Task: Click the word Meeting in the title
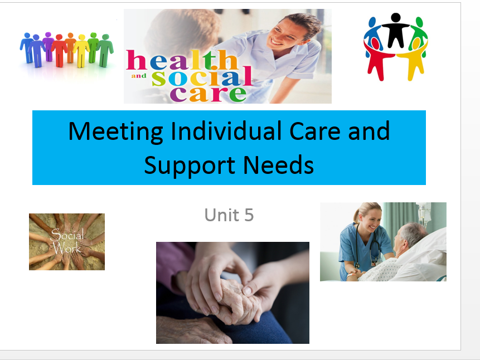pyautogui.click(x=116, y=132)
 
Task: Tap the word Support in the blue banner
pyautogui.click(x=190, y=166)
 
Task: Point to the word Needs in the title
pyautogui.click(x=279, y=165)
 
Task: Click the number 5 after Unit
pyautogui.click(x=249, y=215)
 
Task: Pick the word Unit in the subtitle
pyautogui.click(x=222, y=215)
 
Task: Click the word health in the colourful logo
pyautogui.click(x=182, y=60)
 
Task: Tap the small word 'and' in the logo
pyautogui.click(x=139, y=76)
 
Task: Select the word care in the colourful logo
pyautogui.click(x=208, y=94)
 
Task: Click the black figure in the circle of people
pyautogui.click(x=395, y=30)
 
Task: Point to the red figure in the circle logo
pyautogui.click(x=376, y=59)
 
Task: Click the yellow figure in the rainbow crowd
pyautogui.click(x=81, y=50)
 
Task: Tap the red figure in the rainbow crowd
pyautogui.click(x=60, y=50)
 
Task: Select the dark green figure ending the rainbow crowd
pyautogui.click(x=105, y=50)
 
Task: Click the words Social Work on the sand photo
pyautogui.click(x=67, y=241)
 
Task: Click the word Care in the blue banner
pyautogui.click(x=314, y=132)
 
